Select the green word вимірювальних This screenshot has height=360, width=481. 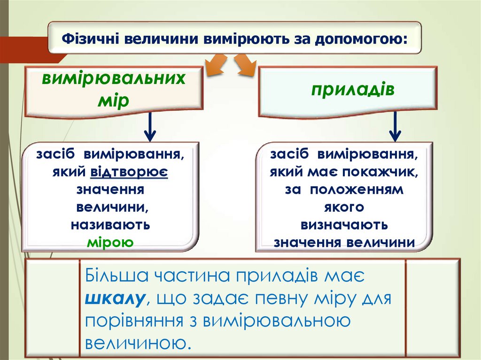pos(113,78)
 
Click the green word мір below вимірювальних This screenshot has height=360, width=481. pos(113,100)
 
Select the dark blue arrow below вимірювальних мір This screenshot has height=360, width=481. pos(150,127)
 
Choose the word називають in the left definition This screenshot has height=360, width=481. pos(111,225)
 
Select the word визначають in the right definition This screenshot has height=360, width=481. pos(344,225)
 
